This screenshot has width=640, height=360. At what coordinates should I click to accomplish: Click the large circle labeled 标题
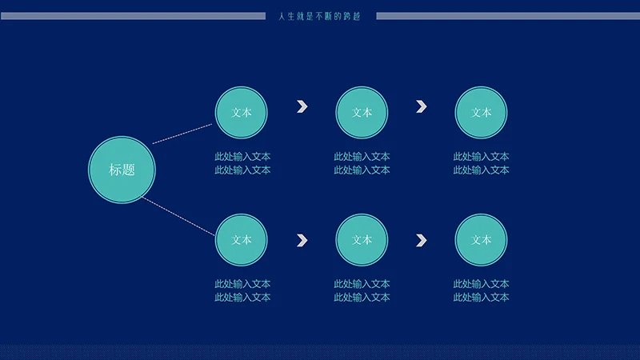pyautogui.click(x=122, y=169)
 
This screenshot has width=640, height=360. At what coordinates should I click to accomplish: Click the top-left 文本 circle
pyautogui.click(x=242, y=113)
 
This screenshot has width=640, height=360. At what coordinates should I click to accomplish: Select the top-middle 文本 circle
pyautogui.click(x=362, y=113)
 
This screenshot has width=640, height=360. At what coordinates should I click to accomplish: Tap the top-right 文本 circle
pyautogui.click(x=481, y=113)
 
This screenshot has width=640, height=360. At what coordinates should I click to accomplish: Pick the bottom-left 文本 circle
pyautogui.click(x=242, y=239)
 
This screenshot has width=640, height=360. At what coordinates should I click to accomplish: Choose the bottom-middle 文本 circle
pyautogui.click(x=362, y=239)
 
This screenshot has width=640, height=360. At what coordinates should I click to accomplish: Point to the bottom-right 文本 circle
pyautogui.click(x=481, y=239)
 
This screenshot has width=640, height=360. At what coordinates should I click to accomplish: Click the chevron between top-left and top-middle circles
pyautogui.click(x=302, y=106)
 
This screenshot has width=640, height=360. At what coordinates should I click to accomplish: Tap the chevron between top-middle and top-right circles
pyautogui.click(x=422, y=106)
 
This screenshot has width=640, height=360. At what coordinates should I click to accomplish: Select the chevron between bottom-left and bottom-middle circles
pyautogui.click(x=302, y=239)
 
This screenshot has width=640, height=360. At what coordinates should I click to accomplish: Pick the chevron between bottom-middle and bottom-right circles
pyautogui.click(x=422, y=239)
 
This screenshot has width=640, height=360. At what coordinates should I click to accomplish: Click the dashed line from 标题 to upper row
pyautogui.click(x=183, y=134)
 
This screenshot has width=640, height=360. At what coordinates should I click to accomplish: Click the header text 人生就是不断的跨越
pyautogui.click(x=320, y=16)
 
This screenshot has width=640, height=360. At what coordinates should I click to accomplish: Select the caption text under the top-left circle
pyautogui.click(x=242, y=163)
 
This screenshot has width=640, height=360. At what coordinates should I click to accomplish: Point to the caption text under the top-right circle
pyautogui.click(x=482, y=163)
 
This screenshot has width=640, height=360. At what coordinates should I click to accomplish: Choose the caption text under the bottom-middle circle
pyautogui.click(x=362, y=290)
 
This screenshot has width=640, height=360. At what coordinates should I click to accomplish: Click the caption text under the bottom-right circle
pyautogui.click(x=482, y=290)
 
